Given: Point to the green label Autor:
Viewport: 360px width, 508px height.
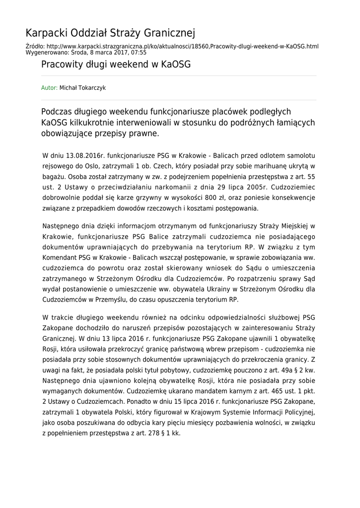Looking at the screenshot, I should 49,88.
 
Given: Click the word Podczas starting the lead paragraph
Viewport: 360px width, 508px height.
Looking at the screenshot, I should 57,112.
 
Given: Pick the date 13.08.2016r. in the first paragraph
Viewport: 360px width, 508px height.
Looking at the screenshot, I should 80,156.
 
